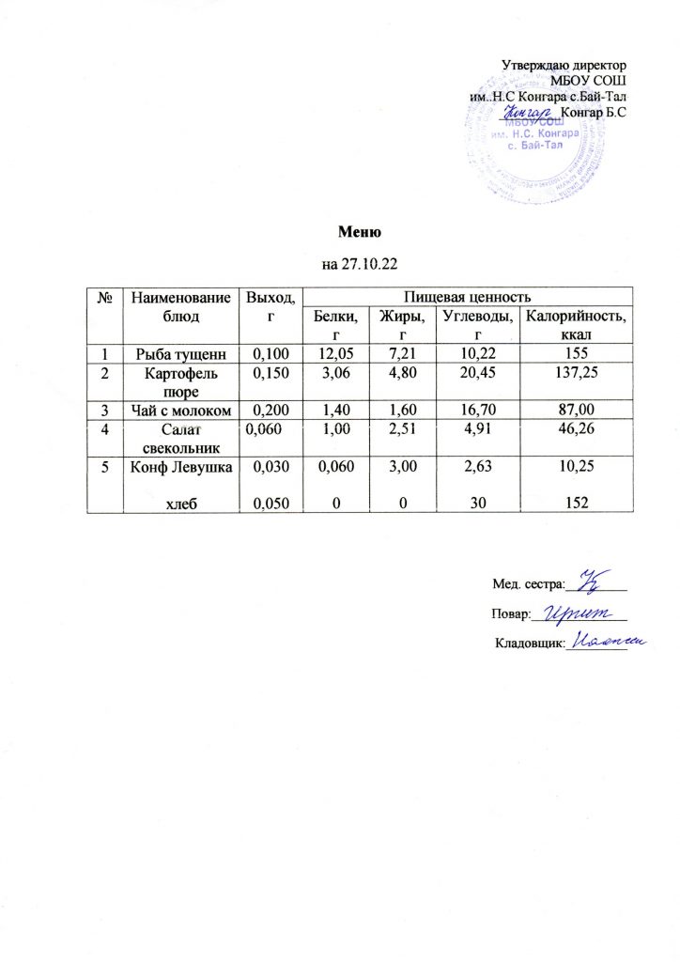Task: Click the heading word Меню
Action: click(356, 231)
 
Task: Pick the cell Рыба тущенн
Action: click(178, 353)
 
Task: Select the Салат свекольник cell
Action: click(178, 438)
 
